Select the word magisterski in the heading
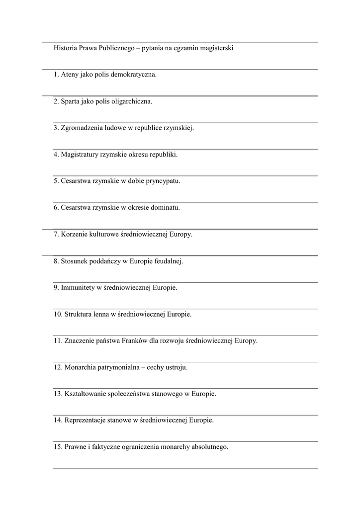tap(215, 48)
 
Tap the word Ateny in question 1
tap(70, 75)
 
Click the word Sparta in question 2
tap(71, 101)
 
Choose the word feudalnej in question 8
tap(168, 261)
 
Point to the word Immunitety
tap(79, 287)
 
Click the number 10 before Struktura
tap(58, 314)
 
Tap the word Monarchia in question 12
tap(80, 367)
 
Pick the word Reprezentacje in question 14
tap(86, 421)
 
